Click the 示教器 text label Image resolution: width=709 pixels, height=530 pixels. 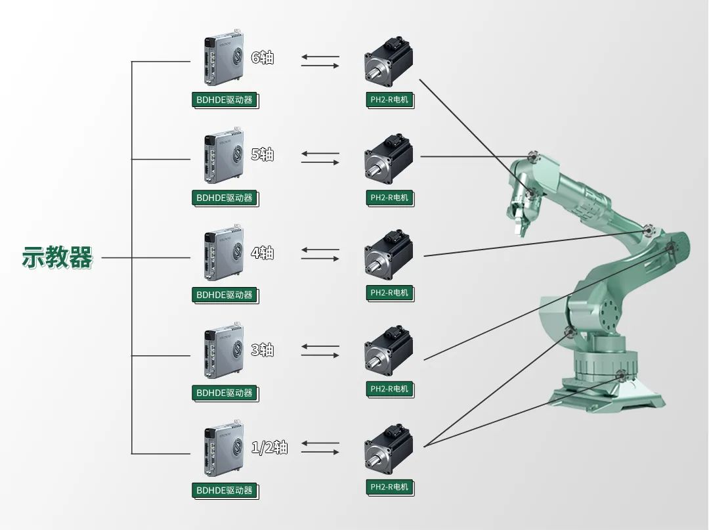(58, 257)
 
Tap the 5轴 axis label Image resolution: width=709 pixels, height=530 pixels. (263, 155)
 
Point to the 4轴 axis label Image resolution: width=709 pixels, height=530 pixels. (263, 253)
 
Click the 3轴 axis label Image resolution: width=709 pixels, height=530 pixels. (263, 350)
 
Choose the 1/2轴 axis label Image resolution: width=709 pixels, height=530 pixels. (270, 448)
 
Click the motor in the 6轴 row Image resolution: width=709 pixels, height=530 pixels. (389, 64)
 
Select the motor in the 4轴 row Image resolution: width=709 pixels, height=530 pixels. (389, 255)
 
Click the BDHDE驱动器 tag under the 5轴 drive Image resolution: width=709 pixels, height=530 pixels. (225, 198)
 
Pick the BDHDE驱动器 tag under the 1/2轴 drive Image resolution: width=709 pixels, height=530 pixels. (225, 491)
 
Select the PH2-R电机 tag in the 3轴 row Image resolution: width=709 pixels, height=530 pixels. (389, 389)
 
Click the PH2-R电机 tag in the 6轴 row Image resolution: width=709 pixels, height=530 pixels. (389, 100)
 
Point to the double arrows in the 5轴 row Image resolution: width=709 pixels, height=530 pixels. (320, 158)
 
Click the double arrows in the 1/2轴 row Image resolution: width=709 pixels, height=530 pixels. (320, 448)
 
